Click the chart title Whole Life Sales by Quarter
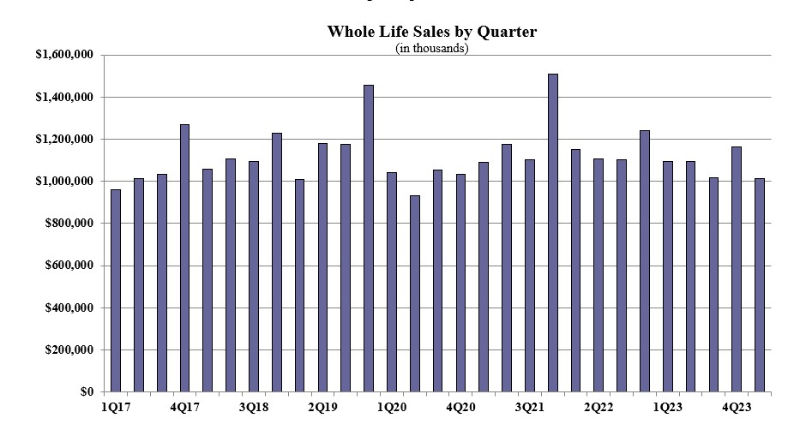(x=431, y=32)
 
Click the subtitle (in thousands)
(x=431, y=48)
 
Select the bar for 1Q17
(x=116, y=291)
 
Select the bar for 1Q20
(x=392, y=282)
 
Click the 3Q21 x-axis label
(x=530, y=405)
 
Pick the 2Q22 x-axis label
(x=598, y=405)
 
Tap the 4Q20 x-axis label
(x=460, y=405)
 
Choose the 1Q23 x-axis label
(x=667, y=405)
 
